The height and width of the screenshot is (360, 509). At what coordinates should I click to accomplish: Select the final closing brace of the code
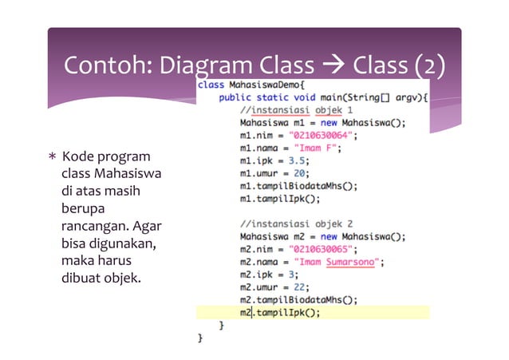(201, 338)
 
